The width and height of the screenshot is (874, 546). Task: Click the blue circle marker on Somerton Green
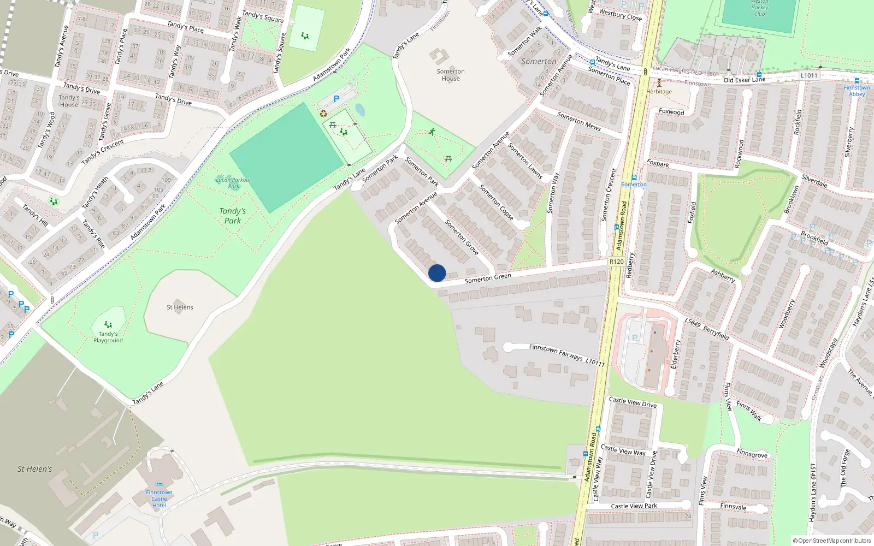[x=437, y=273]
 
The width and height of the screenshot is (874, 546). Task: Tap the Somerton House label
[x=451, y=75]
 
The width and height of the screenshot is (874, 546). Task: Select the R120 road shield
[x=616, y=262]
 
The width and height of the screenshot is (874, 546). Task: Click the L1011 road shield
[x=809, y=76]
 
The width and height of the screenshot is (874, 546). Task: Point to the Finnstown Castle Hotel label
[x=159, y=498]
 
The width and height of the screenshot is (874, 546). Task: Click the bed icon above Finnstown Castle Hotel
[x=159, y=484]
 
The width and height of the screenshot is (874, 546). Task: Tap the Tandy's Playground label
[x=108, y=337]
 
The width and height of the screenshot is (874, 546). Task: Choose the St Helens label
[x=180, y=307]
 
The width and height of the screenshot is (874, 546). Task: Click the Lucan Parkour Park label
[x=233, y=183]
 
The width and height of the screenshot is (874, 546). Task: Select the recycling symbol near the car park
[x=323, y=114]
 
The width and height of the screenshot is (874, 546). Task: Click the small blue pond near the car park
[x=360, y=110]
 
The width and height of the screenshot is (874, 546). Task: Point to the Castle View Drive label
[x=633, y=402]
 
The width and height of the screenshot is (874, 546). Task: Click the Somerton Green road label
[x=488, y=278]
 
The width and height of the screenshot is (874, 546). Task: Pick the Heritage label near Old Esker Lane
[x=659, y=91]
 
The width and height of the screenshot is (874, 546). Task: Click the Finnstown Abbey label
[x=857, y=91]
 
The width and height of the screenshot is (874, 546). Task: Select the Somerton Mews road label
[x=578, y=121]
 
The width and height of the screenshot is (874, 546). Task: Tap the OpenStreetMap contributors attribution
[x=832, y=541]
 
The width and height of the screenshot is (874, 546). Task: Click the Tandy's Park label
[x=233, y=216]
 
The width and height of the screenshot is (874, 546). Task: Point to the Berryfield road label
[x=716, y=333]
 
